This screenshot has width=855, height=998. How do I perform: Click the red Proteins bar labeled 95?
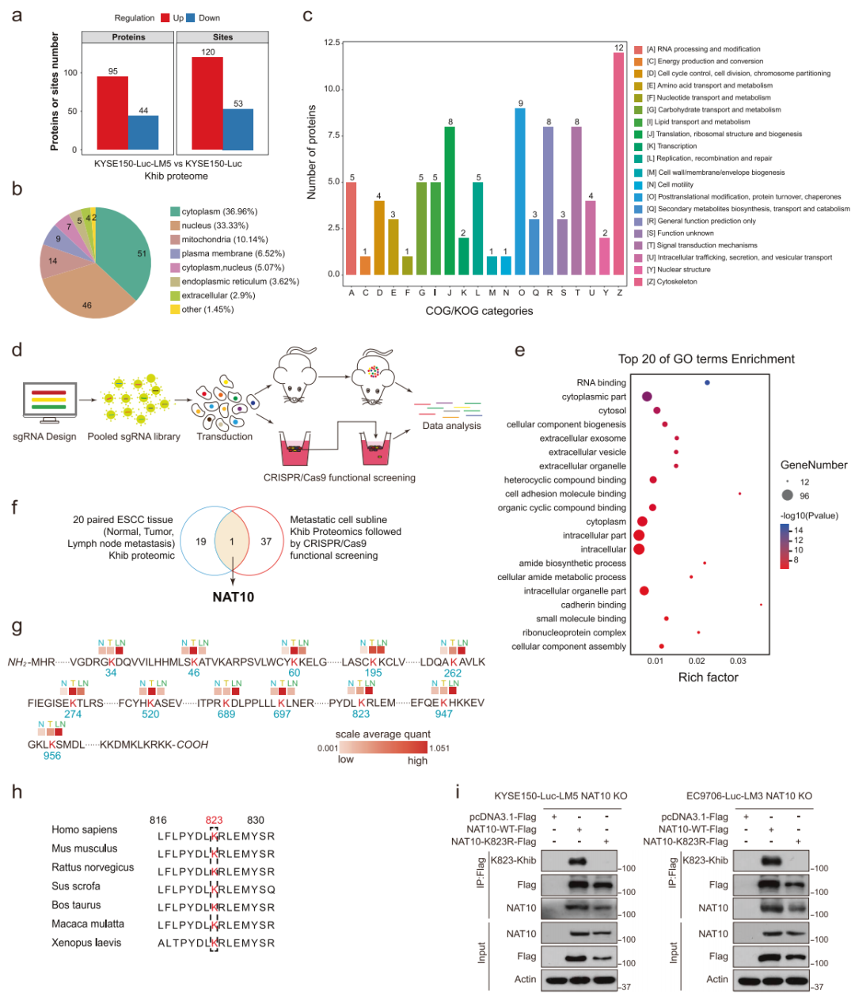pyautogui.click(x=112, y=112)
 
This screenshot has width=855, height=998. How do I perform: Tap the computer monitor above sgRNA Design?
pyautogui.click(x=49, y=402)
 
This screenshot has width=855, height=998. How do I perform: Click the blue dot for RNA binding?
pyautogui.click(x=707, y=383)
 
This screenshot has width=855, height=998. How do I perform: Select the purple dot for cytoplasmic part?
pyautogui.click(x=647, y=397)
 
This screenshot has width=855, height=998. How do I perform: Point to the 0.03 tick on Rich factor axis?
pyautogui.click(x=738, y=661)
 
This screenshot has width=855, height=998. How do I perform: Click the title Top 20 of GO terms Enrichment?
pyautogui.click(x=706, y=359)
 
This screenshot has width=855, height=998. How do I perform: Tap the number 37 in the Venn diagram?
pyautogui.click(x=266, y=542)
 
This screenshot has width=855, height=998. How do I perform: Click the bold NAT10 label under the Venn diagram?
pyautogui.click(x=233, y=597)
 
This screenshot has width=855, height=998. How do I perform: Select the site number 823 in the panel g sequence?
pyautogui.click(x=361, y=714)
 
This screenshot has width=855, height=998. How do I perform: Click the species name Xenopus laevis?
pyautogui.click(x=85, y=943)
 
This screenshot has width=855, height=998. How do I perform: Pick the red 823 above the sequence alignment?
pyautogui.click(x=214, y=821)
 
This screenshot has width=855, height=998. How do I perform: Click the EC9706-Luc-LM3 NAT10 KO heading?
pyautogui.click(x=749, y=796)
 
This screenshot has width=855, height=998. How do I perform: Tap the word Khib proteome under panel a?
pyautogui.click(x=176, y=176)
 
